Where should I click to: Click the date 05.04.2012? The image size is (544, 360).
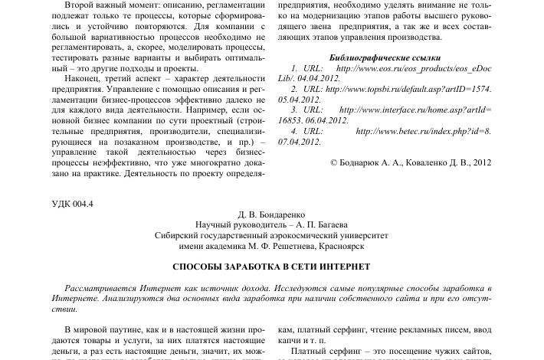coord(300,100)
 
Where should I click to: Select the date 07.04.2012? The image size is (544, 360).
coord(300,142)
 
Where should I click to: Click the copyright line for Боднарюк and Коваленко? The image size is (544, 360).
coord(410,162)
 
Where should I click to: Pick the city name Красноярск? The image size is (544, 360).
coord(341,247)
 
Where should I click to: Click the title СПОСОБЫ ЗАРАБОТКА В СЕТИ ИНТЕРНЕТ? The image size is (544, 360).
coord(272,267)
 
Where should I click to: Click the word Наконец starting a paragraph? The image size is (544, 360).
coord(84,78)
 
